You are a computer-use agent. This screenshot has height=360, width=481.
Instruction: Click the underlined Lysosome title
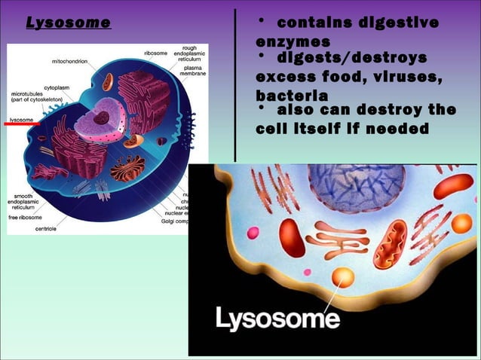[69, 23]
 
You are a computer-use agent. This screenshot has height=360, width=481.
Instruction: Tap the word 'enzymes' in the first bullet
[293, 41]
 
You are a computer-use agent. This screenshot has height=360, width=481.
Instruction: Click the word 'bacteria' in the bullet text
[291, 96]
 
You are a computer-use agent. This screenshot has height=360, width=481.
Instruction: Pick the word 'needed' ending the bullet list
[398, 128]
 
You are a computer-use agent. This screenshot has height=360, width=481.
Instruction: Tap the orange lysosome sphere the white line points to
[343, 276]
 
